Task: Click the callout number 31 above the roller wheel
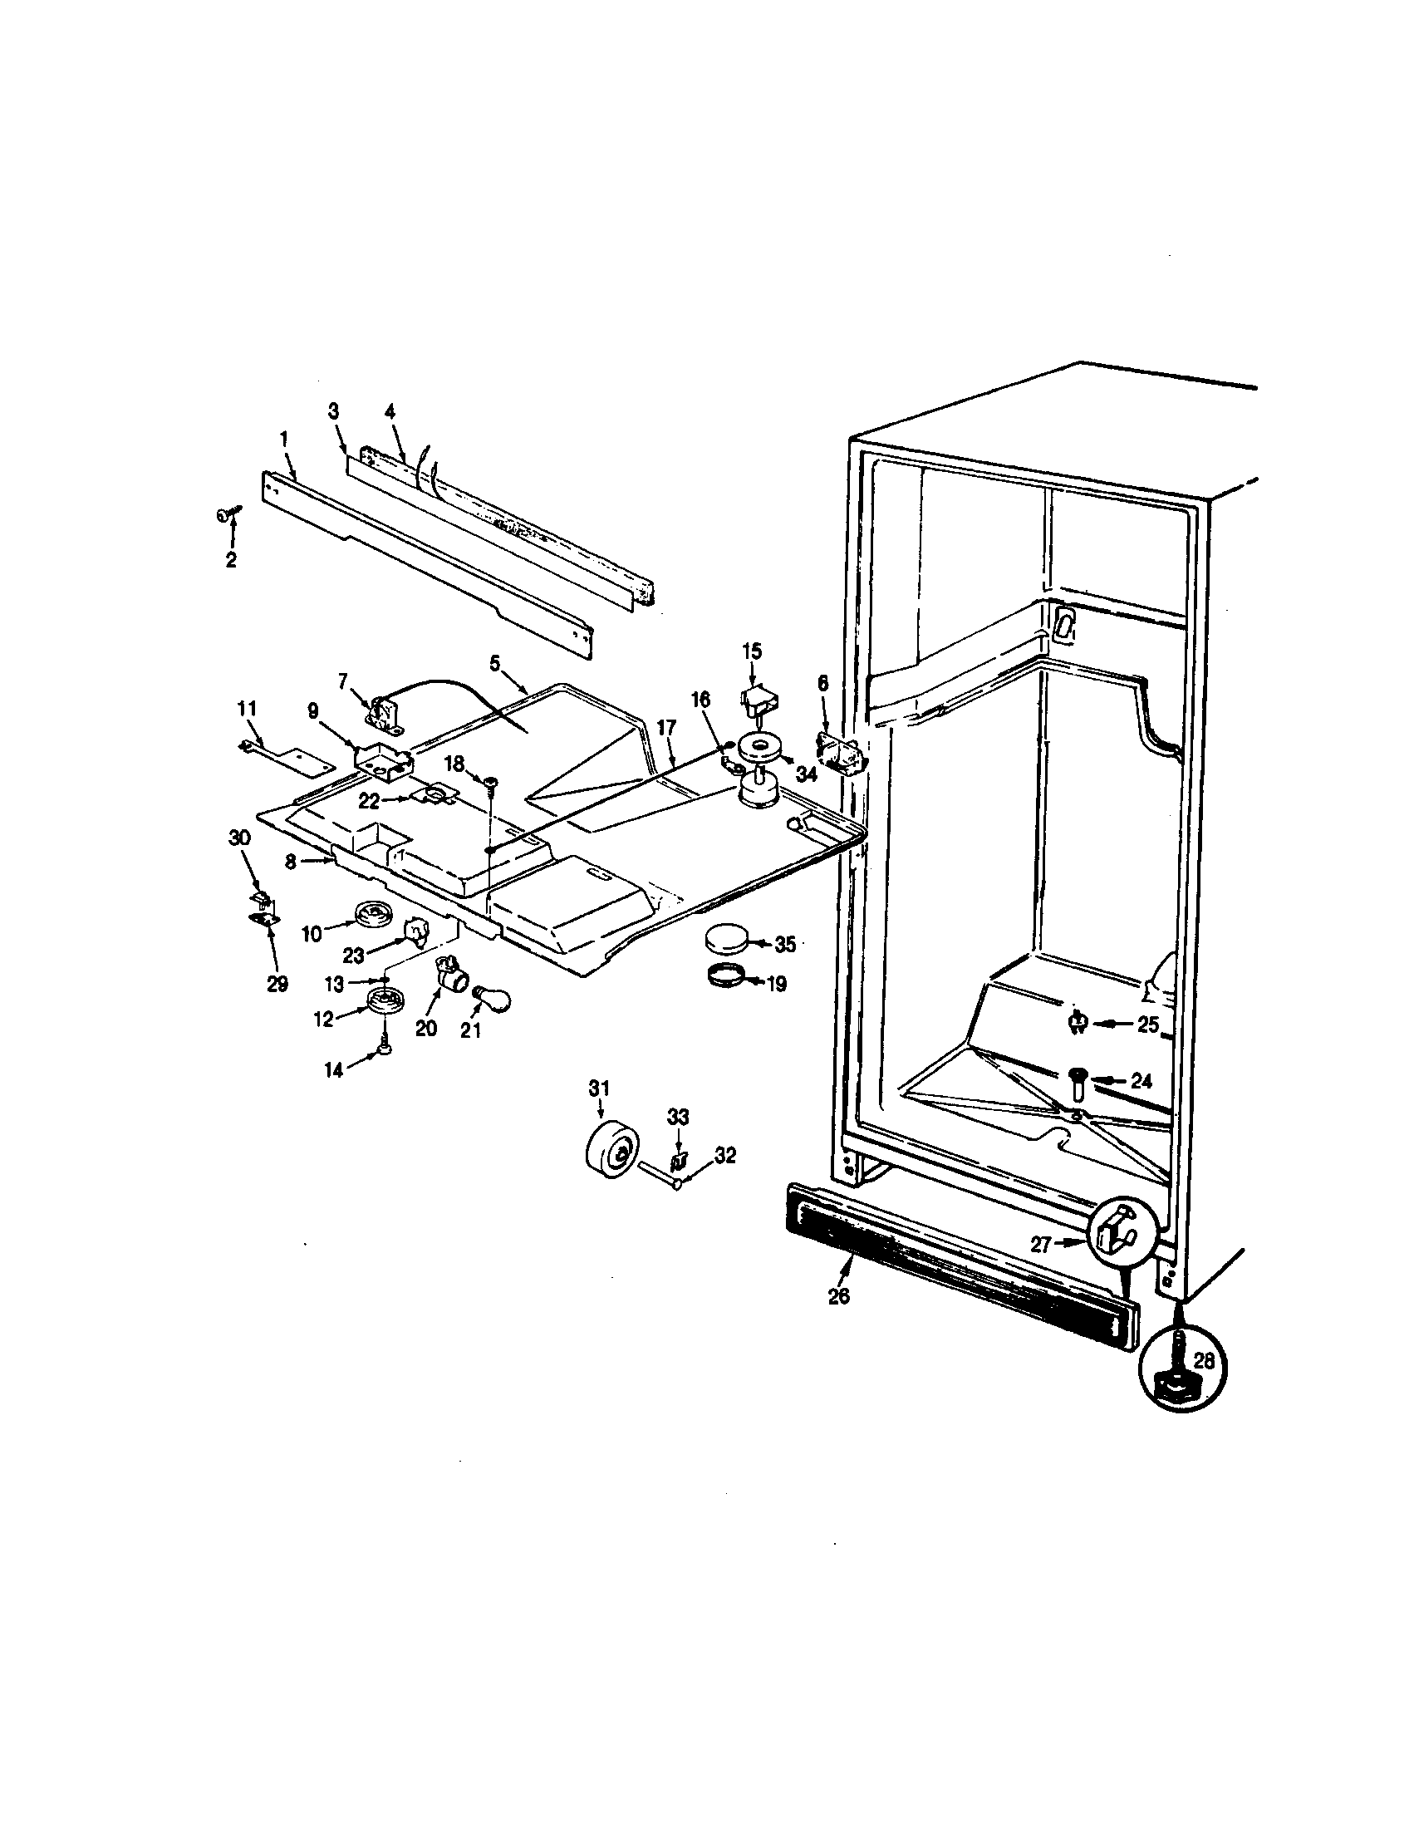(599, 1088)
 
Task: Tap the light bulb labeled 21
(492, 996)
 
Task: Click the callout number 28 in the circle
(1203, 1360)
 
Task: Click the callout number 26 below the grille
(838, 1296)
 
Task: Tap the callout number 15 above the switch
(751, 650)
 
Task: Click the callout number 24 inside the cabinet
(1141, 1081)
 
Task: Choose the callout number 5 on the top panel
(494, 663)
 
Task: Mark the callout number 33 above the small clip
(678, 1117)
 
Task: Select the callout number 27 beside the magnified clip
(1040, 1245)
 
